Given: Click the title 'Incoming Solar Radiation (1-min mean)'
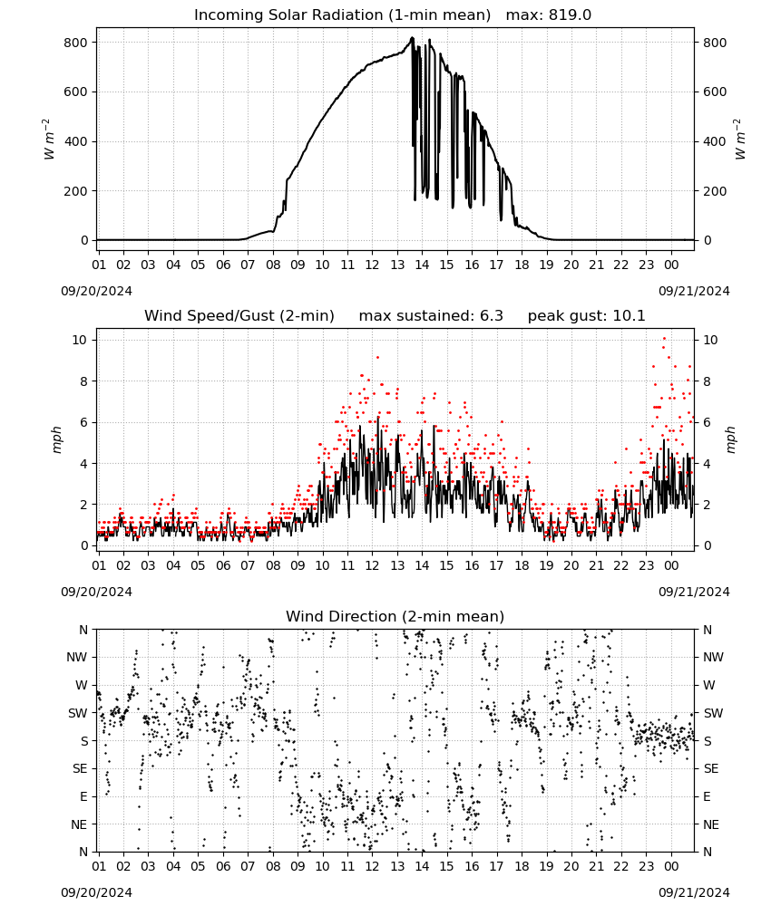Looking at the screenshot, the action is (x=342, y=15).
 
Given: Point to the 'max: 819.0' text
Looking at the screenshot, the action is (x=549, y=15).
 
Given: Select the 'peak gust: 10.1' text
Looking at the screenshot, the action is (x=586, y=316).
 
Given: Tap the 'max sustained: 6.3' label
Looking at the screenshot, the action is (x=431, y=316).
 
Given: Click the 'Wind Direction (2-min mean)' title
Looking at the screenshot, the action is (x=395, y=616).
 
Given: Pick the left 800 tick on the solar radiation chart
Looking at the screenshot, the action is (x=76, y=43).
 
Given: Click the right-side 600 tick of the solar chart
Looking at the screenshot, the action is (x=715, y=92).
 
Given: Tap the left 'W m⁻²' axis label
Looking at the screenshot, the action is (x=49, y=140).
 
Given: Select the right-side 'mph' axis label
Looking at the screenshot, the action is (x=730, y=439).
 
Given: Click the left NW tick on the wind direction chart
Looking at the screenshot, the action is (x=77, y=658).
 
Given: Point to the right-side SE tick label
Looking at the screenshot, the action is (x=711, y=768).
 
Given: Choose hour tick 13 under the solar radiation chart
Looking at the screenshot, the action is (x=397, y=265).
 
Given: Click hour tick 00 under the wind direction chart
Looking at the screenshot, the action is (x=671, y=866).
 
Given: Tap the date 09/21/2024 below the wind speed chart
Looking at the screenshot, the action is (x=694, y=592).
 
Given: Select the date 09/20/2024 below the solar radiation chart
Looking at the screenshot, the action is (x=96, y=291).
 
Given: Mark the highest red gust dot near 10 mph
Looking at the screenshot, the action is (x=665, y=339).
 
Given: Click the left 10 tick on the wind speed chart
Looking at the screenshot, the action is (x=80, y=340).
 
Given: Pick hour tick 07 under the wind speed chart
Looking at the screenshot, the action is (x=248, y=565).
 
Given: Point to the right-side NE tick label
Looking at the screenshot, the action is (x=711, y=824).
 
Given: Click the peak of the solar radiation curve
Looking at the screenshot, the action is (x=413, y=38).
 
